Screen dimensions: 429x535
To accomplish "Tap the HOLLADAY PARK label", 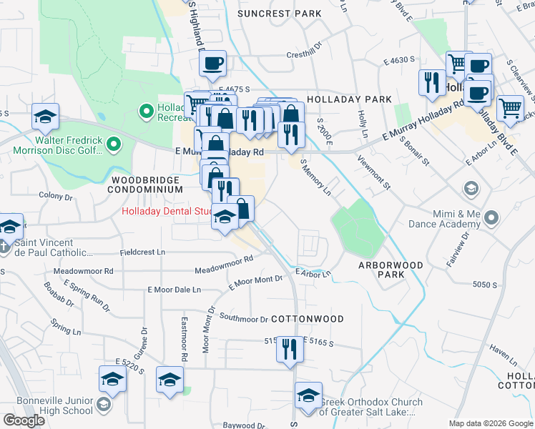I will click(x=348, y=99).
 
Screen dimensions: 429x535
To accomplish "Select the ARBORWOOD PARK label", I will click(x=391, y=270).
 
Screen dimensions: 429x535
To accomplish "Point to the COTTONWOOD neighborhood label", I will click(x=308, y=319).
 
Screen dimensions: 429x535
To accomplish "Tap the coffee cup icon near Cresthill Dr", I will click(x=212, y=63).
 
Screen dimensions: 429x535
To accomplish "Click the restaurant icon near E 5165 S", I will click(x=290, y=349).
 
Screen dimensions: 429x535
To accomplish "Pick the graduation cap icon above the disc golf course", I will click(x=45, y=117).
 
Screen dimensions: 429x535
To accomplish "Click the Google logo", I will click(x=24, y=420).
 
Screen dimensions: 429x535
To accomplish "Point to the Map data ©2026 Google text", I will click(x=490, y=423).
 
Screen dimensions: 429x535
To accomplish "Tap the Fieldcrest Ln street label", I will click(x=142, y=252).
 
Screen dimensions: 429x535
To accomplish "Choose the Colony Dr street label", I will click(x=57, y=196).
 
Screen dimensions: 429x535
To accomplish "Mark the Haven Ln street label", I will click(x=503, y=354).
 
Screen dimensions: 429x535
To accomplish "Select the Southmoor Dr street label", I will click(x=243, y=317).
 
